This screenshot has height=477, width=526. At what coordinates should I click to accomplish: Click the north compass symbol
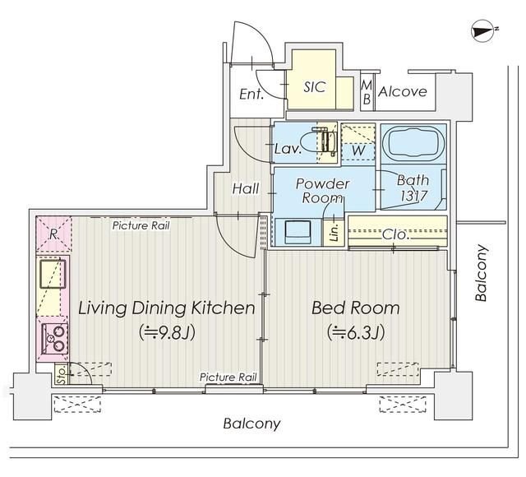point(483,31)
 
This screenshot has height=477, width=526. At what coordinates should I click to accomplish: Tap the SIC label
point(314,87)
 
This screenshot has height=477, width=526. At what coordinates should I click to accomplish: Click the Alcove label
point(402,91)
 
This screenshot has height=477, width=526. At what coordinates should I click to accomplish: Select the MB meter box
point(367,91)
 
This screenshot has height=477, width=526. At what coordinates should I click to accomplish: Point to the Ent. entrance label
point(251,95)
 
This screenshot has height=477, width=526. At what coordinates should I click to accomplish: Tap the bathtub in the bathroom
point(413,144)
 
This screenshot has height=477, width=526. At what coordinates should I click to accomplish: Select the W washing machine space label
point(358,150)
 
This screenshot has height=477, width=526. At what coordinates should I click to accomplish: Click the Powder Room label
point(322,190)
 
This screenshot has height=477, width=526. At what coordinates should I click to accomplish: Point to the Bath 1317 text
point(413,188)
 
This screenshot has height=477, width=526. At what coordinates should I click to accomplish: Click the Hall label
point(246,188)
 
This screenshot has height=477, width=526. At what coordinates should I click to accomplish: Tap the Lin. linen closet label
point(335,233)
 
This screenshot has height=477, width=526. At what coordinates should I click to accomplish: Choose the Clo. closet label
point(396,234)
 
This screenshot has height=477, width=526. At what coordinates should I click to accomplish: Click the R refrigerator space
point(53,234)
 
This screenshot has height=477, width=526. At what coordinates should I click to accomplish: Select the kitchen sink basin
point(53,274)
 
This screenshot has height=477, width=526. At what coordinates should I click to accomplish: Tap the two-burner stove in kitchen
point(55,339)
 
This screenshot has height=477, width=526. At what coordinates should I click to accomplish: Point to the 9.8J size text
point(168,332)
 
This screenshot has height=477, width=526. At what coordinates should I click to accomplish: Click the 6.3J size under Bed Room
point(356,332)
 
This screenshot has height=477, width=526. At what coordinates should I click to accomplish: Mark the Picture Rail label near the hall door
point(141,225)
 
